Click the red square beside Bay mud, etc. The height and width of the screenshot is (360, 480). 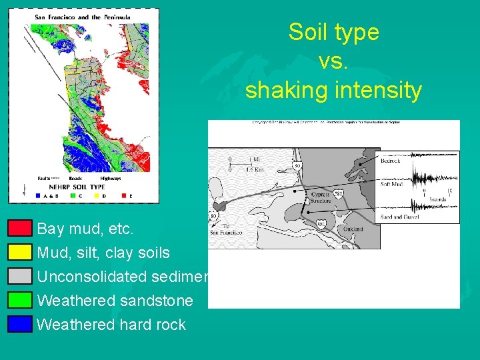20,229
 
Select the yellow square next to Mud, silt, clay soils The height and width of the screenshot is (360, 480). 20,252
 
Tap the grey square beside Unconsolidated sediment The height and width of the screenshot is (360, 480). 20,276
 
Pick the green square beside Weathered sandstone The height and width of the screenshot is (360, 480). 20,300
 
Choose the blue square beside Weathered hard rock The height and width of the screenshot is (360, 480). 20,324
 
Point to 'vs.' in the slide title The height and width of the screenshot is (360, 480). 333,61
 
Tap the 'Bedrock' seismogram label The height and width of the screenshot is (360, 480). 391,161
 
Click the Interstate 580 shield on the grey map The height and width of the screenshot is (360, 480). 339,195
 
